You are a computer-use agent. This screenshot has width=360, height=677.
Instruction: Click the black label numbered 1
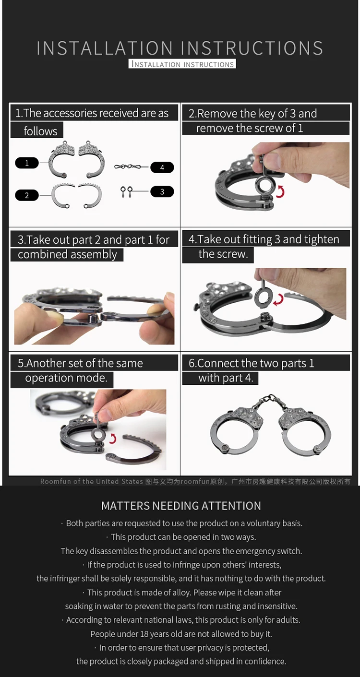tap(27, 163)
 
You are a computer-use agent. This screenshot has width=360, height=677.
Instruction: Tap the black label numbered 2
tap(27, 195)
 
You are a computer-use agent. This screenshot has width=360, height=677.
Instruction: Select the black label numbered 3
tap(162, 191)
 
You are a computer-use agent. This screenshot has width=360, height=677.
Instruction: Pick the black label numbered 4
tap(162, 167)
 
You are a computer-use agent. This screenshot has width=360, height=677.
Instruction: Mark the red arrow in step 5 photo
tap(113, 438)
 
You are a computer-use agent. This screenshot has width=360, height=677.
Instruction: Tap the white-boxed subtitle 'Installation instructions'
tap(182, 64)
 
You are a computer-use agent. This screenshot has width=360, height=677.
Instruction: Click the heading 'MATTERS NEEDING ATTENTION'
tap(181, 506)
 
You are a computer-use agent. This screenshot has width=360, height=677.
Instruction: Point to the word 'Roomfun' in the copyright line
tap(55, 481)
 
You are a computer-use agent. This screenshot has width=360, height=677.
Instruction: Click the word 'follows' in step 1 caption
tap(40, 131)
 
